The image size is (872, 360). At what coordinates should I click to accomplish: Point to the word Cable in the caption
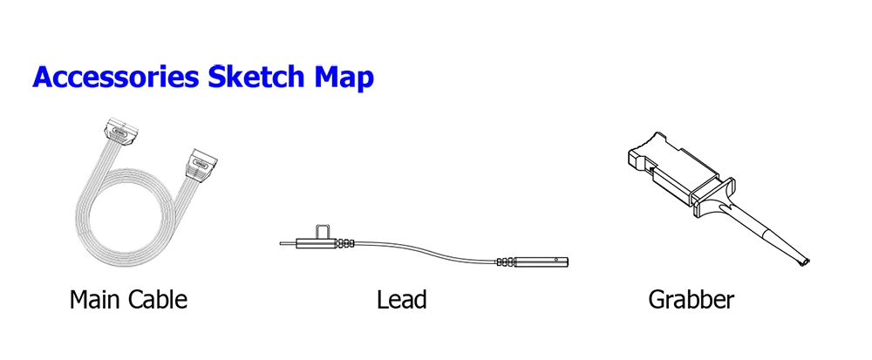[x=159, y=301]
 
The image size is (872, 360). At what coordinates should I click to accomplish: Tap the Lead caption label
[x=401, y=301]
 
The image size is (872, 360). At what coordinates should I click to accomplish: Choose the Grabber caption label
[x=691, y=301]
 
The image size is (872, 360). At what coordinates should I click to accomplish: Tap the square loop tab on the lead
[x=323, y=232]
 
